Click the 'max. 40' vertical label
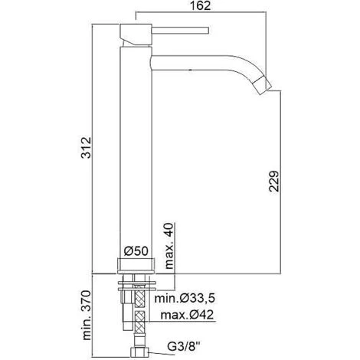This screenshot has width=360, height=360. pyautogui.click(x=170, y=242)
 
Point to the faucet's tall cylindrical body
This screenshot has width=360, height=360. pyautogui.click(x=136, y=153)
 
